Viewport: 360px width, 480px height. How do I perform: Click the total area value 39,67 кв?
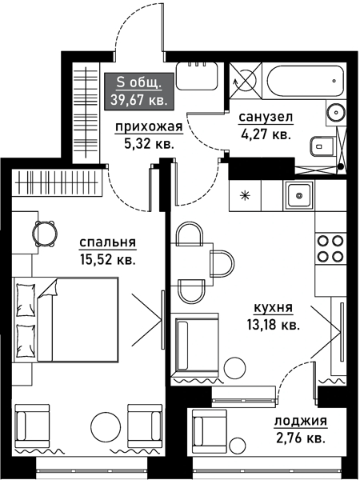point(136,100)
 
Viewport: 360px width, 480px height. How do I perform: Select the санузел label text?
point(266,118)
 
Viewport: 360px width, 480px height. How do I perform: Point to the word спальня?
point(107,242)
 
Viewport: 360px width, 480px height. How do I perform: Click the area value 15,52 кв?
point(107,259)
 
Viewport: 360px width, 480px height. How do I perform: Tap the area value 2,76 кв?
point(300,438)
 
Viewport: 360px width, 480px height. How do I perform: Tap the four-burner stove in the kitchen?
point(331,248)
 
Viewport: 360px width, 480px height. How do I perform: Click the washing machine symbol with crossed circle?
point(246,80)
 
